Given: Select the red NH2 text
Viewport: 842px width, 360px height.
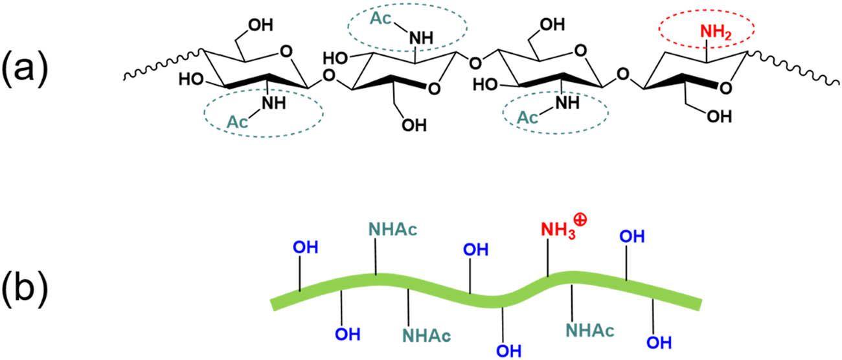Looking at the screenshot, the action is pos(716,32).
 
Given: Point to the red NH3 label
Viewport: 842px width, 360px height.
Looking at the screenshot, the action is pos(558,231).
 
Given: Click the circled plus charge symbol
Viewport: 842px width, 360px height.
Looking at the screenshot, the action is pos(580,220).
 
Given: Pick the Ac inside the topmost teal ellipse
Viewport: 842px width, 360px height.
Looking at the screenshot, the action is pos(381,18).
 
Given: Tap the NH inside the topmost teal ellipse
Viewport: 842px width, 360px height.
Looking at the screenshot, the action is pos(421,38).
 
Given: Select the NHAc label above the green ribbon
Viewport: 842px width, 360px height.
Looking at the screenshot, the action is pos(393,229).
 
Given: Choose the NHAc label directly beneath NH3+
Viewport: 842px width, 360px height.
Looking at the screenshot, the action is pos(590,330).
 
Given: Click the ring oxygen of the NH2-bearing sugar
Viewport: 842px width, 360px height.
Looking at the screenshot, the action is pos(725,88).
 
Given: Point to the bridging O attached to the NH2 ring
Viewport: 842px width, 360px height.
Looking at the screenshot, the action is pos(623,74).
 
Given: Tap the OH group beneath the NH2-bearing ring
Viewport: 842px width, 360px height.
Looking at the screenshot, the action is pos(719,117).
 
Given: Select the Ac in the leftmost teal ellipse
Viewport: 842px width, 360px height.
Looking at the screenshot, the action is pos(237,122).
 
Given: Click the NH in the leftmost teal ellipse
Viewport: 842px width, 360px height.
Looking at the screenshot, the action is pos(273,103).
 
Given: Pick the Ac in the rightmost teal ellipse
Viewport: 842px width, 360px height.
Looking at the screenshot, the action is pos(527,118).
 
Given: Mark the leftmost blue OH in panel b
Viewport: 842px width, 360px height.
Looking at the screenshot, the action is pos(306,247).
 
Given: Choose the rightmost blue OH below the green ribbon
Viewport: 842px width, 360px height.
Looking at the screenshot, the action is pos(659,343).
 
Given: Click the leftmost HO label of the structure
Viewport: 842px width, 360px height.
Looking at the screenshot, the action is pos(191,80).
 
